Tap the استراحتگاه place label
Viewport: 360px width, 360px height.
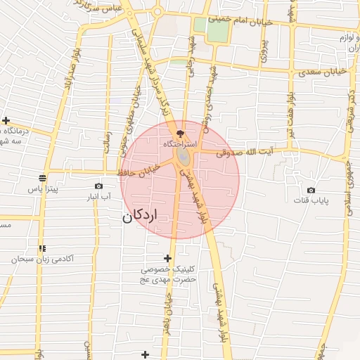tap(181, 143)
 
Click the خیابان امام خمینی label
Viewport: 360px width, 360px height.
tap(255, 22)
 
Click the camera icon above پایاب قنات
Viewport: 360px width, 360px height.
tap(311, 190)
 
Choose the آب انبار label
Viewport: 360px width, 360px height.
tap(98, 197)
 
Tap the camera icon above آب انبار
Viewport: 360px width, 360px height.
tap(98, 186)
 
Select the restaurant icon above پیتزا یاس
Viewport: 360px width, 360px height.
tap(42, 178)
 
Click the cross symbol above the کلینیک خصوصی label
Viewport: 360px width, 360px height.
tap(167, 258)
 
